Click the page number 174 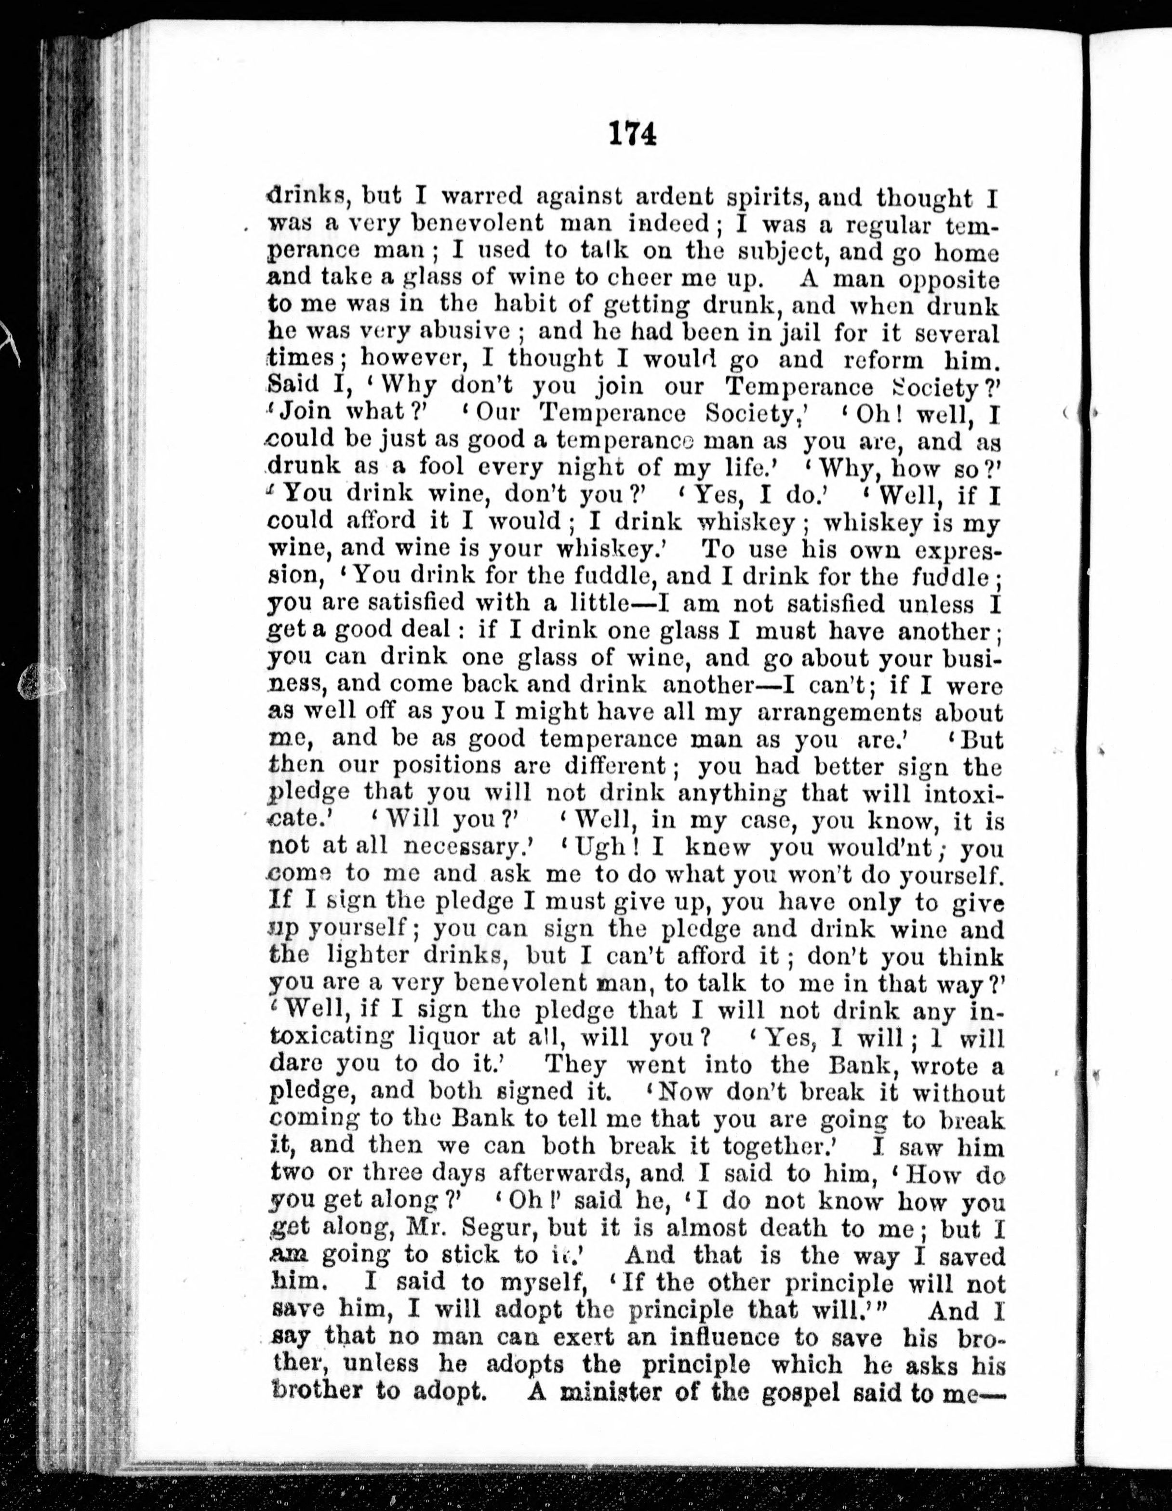click(x=632, y=133)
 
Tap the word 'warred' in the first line click(x=481, y=197)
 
